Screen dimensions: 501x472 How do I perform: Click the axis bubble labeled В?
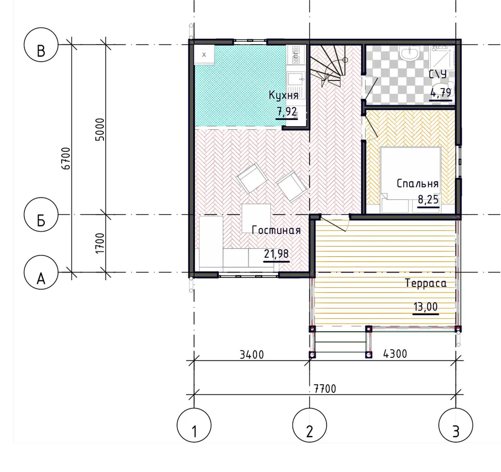coord(41,44)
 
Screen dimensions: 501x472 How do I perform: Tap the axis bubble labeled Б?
coord(41,214)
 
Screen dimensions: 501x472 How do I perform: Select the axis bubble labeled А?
coord(41,272)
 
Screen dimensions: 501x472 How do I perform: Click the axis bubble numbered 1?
coord(194,425)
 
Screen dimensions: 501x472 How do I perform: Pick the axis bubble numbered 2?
coord(309,425)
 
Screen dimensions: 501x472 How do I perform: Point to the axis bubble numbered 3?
coord(456,425)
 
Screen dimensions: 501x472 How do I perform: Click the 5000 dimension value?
coord(100,130)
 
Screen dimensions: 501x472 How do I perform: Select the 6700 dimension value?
coord(66,158)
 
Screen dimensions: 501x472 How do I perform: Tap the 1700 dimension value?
coord(100,243)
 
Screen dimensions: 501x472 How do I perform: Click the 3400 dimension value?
coord(252,355)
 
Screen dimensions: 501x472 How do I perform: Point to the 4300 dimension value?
coord(395,354)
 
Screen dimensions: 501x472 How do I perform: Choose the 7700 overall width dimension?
coord(325,389)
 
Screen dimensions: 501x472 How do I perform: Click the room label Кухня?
coord(284,95)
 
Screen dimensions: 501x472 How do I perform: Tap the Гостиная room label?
coord(276,230)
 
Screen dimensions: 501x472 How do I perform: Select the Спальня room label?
coord(417,183)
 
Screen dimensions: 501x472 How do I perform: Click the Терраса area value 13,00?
coord(426,307)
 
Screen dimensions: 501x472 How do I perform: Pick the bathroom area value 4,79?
coord(441,93)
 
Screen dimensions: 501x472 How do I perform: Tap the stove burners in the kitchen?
coord(296,54)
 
